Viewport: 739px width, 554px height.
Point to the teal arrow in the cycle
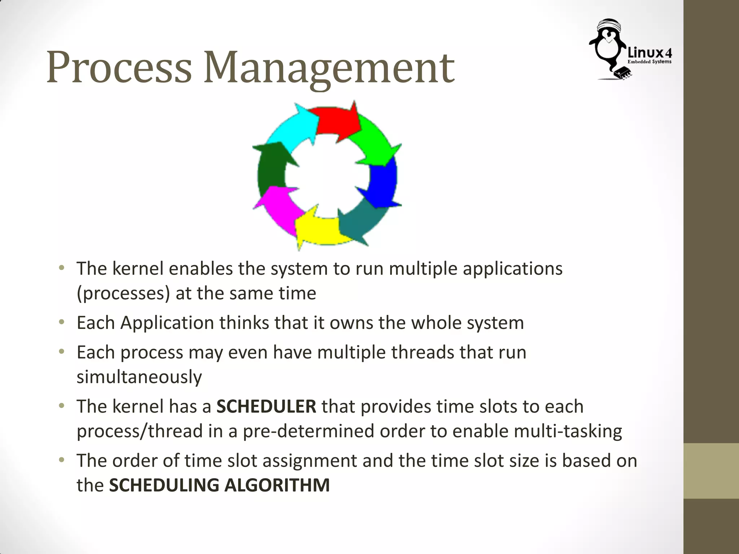(x=361, y=224)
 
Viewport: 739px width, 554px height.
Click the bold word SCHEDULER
(x=266, y=406)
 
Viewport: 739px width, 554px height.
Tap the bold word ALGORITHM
(x=277, y=485)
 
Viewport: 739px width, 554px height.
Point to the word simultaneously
(x=139, y=377)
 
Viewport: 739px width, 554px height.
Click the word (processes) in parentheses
(x=123, y=293)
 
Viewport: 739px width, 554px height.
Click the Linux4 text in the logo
(x=650, y=53)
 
